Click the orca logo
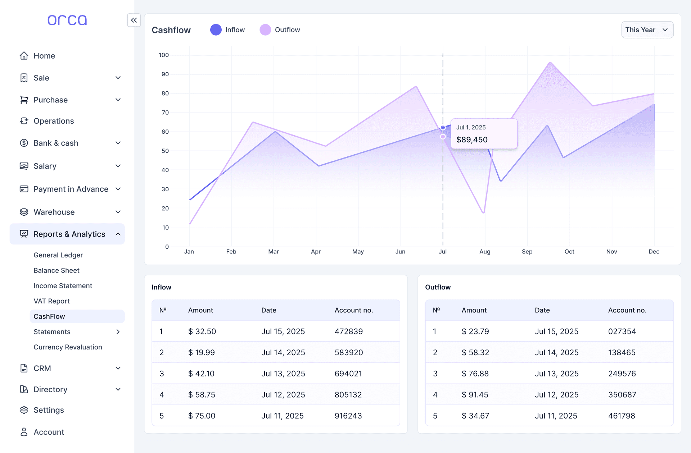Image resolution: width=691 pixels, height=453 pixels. [67, 20]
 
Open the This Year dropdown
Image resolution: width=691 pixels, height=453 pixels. [647, 30]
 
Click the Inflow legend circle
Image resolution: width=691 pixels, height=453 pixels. [216, 30]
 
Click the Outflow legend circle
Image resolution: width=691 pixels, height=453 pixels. [265, 30]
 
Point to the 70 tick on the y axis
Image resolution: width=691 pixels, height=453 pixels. [165, 113]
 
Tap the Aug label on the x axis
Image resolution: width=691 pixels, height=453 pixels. [484, 252]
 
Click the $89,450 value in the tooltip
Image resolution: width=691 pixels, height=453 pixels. [472, 140]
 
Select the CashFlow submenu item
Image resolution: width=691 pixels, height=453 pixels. [49, 316]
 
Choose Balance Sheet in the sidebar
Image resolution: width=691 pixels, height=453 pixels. [57, 270]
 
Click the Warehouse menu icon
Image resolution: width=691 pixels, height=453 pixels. [24, 212]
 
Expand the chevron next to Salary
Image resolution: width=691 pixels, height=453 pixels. [118, 166]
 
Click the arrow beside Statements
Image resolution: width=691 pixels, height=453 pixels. [118, 332]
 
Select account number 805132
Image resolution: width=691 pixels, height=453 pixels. [348, 395]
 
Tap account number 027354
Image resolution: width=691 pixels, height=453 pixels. [622, 331]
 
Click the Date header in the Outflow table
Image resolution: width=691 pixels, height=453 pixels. [542, 310]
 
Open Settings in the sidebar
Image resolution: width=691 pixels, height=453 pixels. [49, 410]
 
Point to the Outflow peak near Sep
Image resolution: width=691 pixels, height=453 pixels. [550, 63]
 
